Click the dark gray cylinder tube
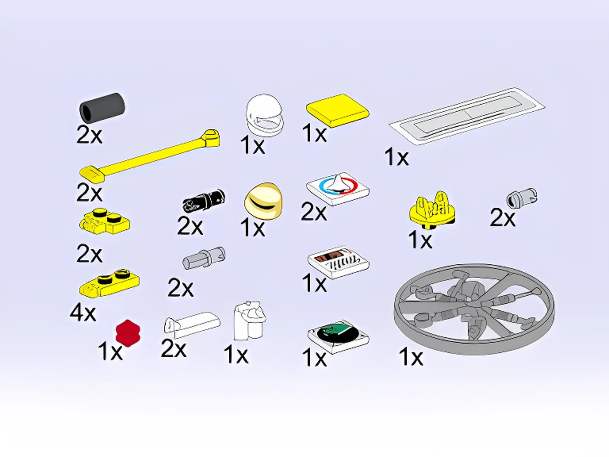(x=102, y=108)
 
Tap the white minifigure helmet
(x=265, y=115)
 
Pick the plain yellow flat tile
(x=338, y=111)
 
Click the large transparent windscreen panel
(x=467, y=116)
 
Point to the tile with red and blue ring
(x=338, y=189)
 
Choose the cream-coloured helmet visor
(x=263, y=201)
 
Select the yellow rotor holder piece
(x=432, y=209)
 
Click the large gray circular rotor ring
(x=474, y=309)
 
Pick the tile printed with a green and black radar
(x=338, y=337)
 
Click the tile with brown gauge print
(x=338, y=262)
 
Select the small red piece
(x=128, y=333)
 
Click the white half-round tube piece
(x=192, y=325)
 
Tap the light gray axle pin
(x=204, y=258)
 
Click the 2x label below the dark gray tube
(x=89, y=135)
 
